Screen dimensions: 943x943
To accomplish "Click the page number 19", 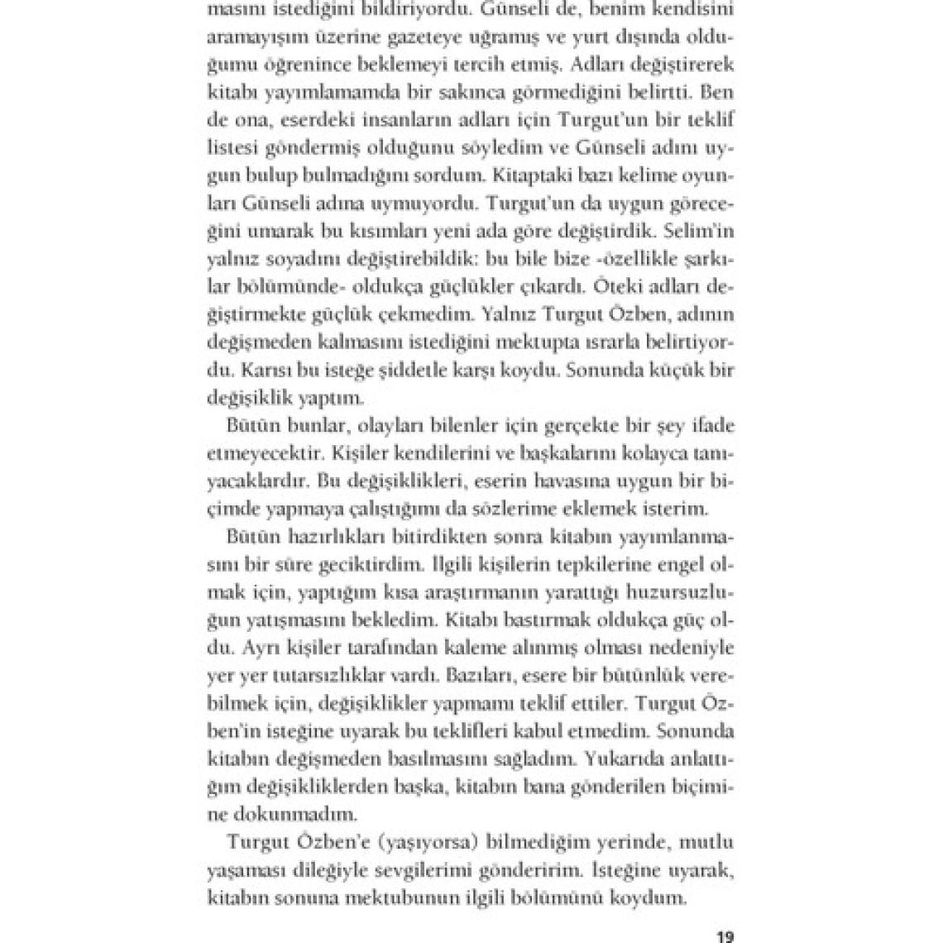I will (725, 937).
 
